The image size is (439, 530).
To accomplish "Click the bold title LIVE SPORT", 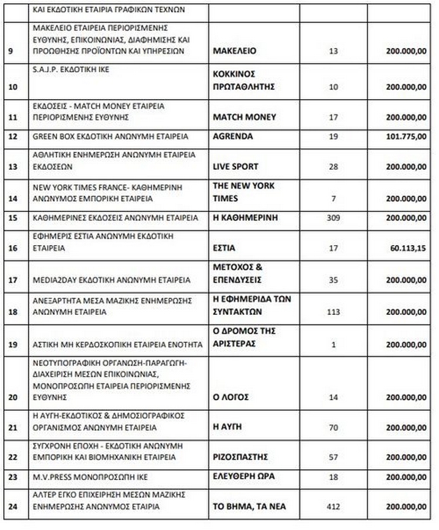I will tap(235, 165).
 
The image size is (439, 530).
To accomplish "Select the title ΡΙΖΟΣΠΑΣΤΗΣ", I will tap(240, 457).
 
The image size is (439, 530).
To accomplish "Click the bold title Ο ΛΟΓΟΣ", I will tap(230, 396).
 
